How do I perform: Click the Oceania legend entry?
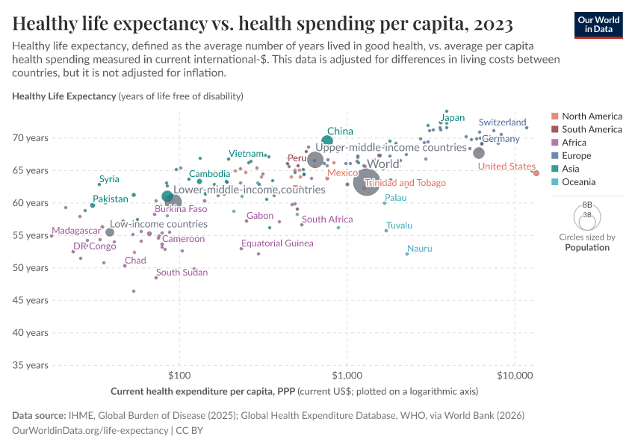tap(578, 183)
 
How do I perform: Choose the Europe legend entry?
tap(577, 156)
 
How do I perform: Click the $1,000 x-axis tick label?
tap(347, 378)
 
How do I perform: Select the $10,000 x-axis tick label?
tap(513, 378)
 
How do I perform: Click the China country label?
tap(340, 131)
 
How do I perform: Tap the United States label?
tap(507, 167)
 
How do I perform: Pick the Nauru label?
tap(420, 249)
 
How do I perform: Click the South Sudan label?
tap(182, 273)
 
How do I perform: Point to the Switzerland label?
tap(502, 122)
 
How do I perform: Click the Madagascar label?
tap(75, 231)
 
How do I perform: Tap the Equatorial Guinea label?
tap(277, 243)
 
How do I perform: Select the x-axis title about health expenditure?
tap(294, 391)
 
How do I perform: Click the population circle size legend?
tap(586, 217)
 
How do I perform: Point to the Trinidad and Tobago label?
tap(405, 183)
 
